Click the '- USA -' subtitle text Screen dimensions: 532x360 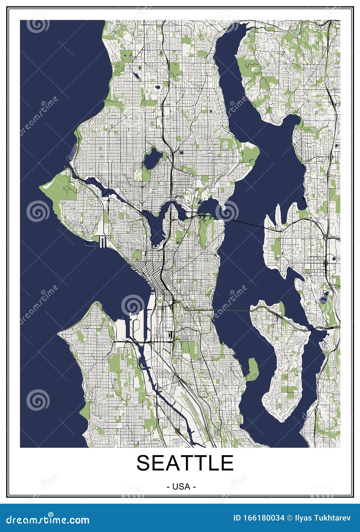(181, 486)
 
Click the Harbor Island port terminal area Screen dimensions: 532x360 (134, 327)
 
